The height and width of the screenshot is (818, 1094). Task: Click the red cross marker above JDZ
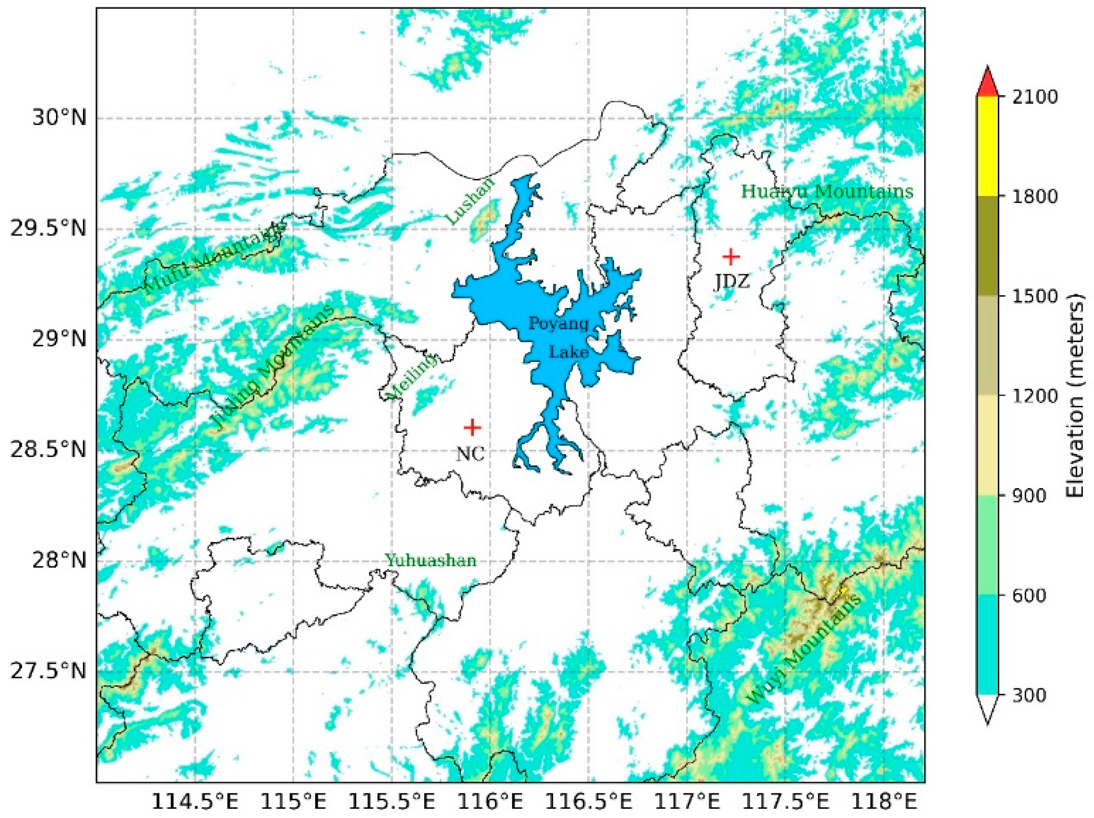731,257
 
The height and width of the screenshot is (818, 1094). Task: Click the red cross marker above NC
472,427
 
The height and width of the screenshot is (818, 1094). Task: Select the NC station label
470,453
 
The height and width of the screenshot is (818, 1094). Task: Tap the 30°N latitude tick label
59,119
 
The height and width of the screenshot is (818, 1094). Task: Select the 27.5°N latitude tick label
48,673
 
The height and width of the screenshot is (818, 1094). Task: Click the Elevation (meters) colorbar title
1077,396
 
